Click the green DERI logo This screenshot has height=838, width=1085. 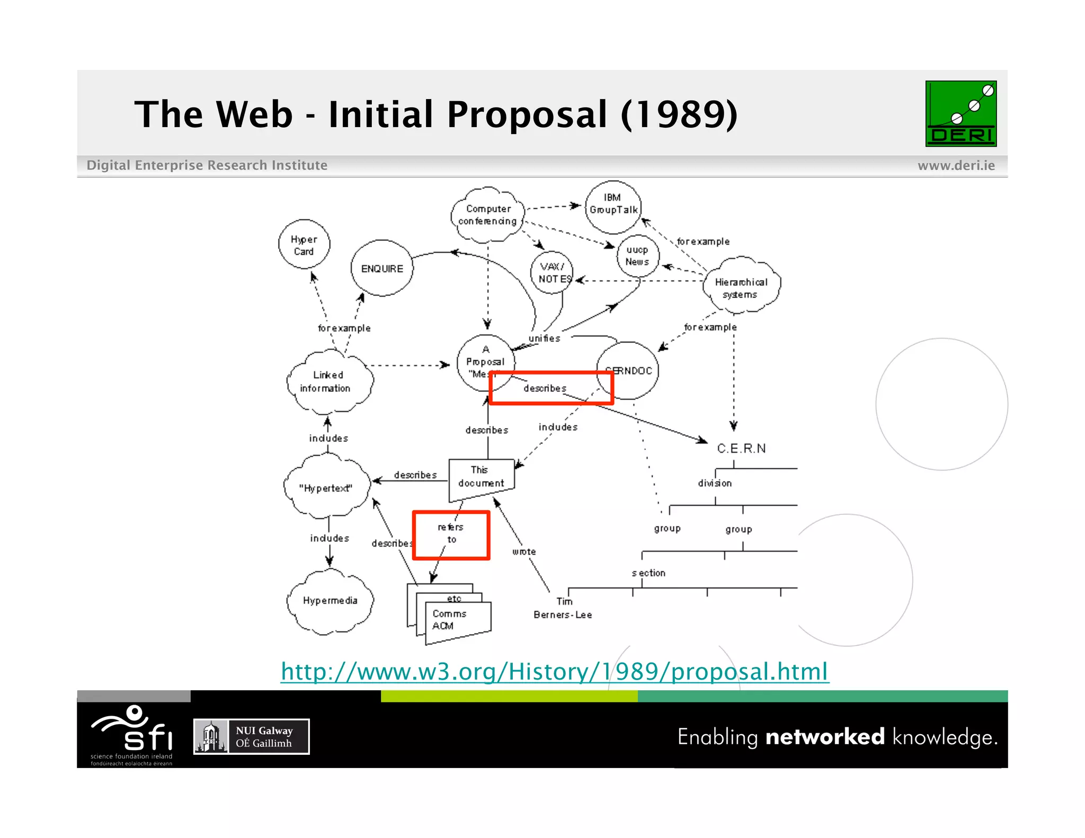point(961,113)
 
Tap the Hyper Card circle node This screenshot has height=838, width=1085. point(304,245)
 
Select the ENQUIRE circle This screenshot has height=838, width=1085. point(381,269)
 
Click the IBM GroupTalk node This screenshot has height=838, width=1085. point(613,204)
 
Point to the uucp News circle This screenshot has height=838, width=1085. point(637,256)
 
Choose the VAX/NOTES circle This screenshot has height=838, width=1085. point(552,272)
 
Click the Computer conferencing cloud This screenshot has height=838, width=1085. point(487,215)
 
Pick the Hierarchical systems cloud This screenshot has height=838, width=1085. point(741,288)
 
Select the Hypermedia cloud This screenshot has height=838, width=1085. point(330,601)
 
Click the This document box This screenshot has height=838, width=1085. point(481,477)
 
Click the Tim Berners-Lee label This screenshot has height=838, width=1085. point(563,608)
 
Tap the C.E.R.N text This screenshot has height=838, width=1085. point(741,449)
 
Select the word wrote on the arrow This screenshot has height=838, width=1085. point(524,552)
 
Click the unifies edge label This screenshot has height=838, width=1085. point(544,338)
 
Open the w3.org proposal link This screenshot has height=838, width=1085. point(554,672)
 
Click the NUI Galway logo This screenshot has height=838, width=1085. point(252,736)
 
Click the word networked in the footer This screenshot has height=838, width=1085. point(825,737)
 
